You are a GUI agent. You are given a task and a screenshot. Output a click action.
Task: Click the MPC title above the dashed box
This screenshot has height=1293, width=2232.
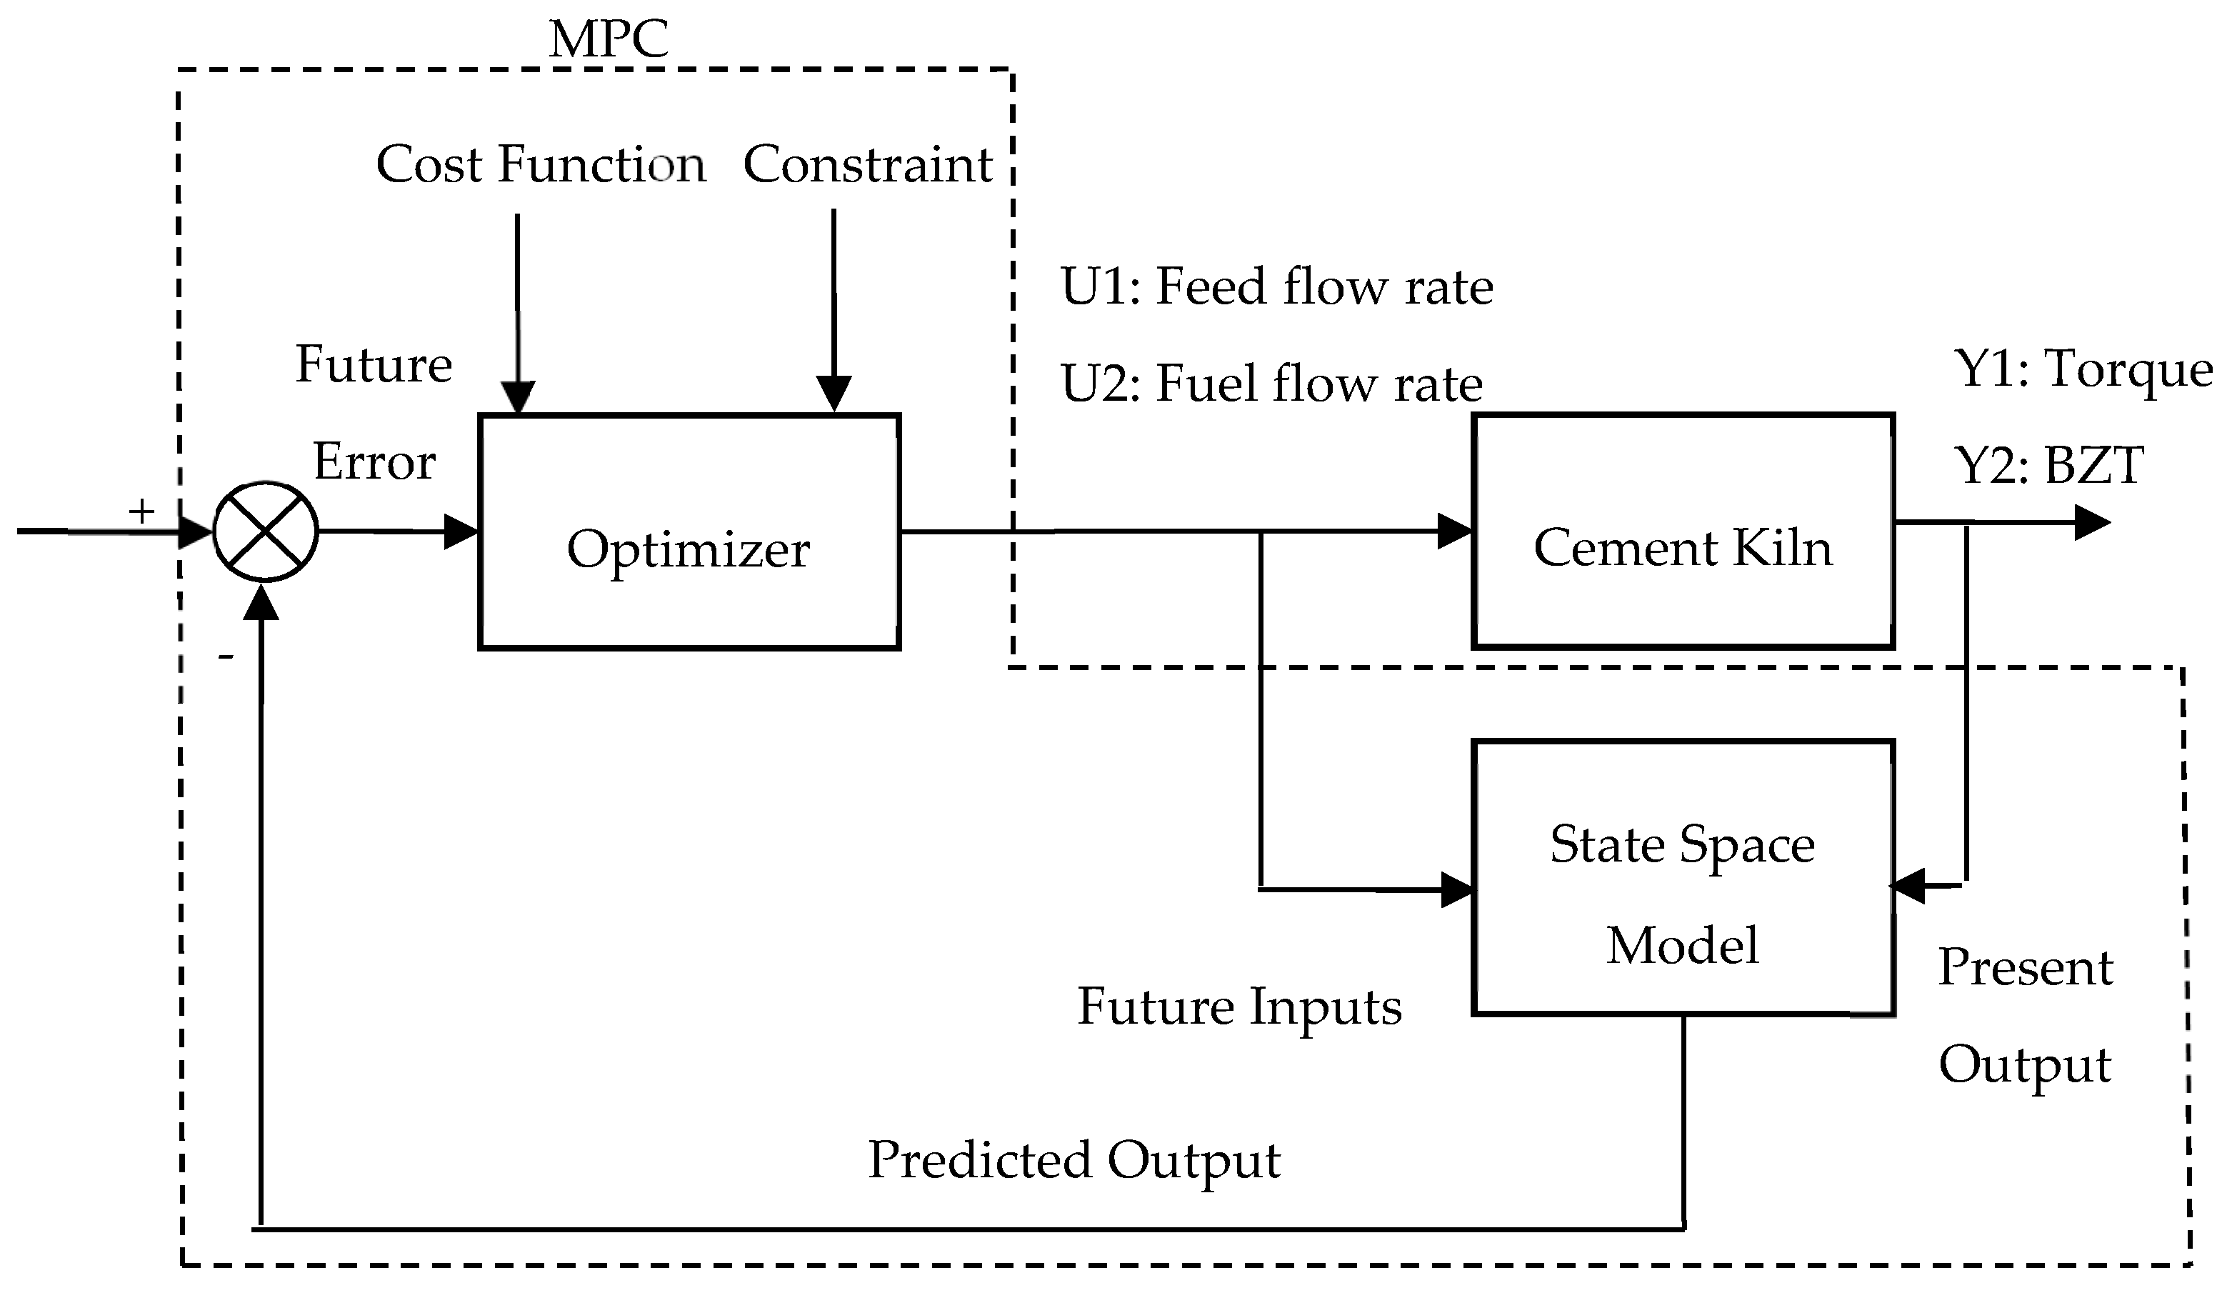[x=609, y=40]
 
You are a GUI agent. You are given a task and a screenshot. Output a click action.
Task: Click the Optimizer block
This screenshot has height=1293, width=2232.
[x=689, y=532]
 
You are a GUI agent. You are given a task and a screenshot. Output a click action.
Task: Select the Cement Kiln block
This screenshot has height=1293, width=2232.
[x=1683, y=531]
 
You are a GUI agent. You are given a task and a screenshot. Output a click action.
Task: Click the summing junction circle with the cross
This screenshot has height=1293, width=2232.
[x=265, y=532]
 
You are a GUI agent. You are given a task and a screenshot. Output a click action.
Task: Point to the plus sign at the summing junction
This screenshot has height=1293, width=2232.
[x=141, y=511]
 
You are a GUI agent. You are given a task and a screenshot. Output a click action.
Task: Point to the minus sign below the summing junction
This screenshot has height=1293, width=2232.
[x=226, y=657]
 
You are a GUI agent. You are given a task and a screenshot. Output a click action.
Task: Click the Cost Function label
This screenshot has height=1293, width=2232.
[x=540, y=165]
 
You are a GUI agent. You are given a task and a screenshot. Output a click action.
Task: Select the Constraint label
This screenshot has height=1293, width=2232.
[x=868, y=165]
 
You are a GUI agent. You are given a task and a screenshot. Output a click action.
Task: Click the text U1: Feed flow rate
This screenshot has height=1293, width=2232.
[x=1276, y=287]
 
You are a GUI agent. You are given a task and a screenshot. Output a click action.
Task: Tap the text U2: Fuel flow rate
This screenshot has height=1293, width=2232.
[x=1271, y=384]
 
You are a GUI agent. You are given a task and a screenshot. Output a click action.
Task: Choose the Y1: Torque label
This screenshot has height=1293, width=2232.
[x=2082, y=369]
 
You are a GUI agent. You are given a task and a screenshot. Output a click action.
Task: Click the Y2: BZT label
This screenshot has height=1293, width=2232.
[x=2048, y=466]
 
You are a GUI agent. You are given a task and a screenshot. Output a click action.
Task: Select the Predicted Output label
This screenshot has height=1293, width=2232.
[x=1074, y=1161]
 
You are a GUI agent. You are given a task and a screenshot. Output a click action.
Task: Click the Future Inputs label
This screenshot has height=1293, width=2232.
[x=1239, y=1008]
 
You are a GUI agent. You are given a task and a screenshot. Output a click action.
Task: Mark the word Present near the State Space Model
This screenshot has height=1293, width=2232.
[x=2026, y=967]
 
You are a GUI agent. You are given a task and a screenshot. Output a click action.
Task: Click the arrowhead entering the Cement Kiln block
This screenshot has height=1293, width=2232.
[x=1454, y=531]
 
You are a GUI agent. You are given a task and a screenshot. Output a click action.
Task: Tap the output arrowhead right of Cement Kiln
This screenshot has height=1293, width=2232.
[x=2092, y=522]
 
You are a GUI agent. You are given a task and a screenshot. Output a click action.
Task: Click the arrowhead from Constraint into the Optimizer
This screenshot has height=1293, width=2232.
[x=834, y=394]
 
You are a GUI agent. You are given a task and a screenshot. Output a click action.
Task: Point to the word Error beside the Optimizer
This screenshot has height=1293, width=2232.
[x=375, y=462]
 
